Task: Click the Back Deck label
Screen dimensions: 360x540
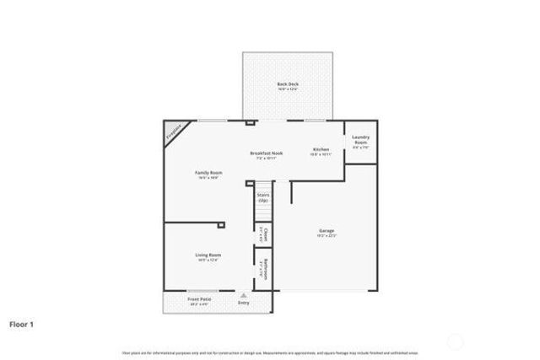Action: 288,83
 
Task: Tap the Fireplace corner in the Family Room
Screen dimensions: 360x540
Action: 173,132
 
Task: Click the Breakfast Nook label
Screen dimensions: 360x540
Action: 267,153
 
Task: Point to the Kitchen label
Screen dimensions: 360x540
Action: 321,149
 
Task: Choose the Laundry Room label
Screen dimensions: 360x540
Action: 360,140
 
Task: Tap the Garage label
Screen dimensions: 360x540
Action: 326,230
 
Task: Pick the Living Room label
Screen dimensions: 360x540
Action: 208,255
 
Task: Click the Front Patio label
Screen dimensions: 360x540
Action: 199,298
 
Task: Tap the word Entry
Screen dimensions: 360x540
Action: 244,303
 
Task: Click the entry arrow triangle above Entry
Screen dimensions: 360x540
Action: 244,295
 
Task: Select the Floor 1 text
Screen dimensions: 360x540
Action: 22,323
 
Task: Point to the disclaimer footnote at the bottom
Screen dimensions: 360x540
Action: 269,352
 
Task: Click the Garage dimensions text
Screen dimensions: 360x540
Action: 326,236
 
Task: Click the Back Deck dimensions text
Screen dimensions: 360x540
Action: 288,89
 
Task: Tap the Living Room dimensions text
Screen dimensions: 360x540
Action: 208,261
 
